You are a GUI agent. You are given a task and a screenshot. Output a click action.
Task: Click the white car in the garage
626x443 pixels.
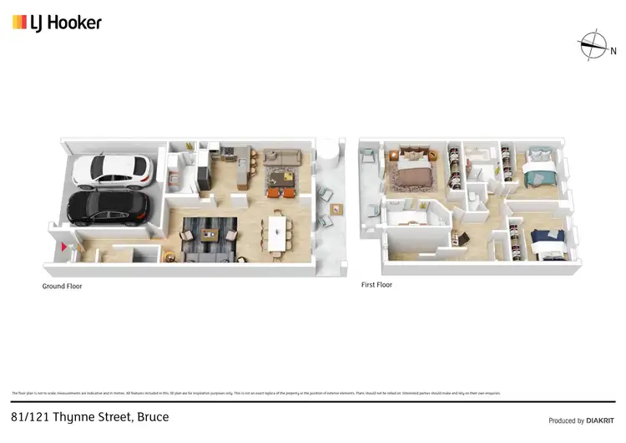point(109,171)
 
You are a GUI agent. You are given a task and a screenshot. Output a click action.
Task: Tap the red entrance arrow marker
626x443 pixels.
point(64,247)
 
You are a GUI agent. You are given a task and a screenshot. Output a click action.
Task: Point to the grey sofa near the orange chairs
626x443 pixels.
point(281,159)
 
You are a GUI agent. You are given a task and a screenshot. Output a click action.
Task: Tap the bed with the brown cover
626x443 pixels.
point(411,173)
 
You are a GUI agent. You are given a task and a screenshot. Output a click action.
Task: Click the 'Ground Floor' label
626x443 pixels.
point(63,286)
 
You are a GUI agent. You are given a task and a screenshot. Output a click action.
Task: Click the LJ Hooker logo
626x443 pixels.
point(57,23)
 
